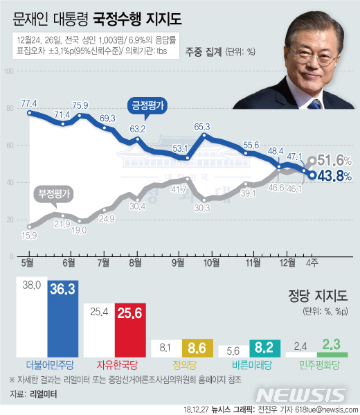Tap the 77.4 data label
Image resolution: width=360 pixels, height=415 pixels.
coord(29,103)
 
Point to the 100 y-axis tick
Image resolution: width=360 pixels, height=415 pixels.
coord(10,71)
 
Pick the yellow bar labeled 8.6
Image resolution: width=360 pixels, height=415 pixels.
coord(198,348)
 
